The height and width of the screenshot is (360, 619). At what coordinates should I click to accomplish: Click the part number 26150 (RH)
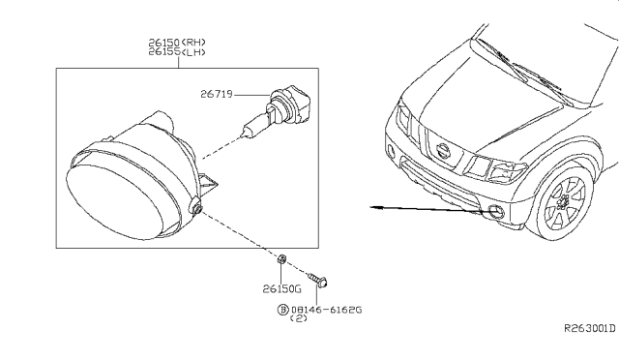pos(177,43)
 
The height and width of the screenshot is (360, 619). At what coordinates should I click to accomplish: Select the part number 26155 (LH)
pos(177,51)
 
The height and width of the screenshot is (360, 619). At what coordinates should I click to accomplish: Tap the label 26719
pos(217,94)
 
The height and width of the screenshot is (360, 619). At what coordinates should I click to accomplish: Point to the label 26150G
pos(281,288)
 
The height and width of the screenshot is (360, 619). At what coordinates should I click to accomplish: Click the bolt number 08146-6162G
pos(326,310)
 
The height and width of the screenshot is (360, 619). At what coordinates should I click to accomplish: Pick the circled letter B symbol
pos(283,310)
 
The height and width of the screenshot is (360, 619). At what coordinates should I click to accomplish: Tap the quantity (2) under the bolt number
pos(299,318)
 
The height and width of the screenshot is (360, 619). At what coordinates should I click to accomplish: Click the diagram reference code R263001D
pos(589,328)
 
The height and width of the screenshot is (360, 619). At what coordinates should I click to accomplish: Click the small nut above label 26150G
pos(281,259)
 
